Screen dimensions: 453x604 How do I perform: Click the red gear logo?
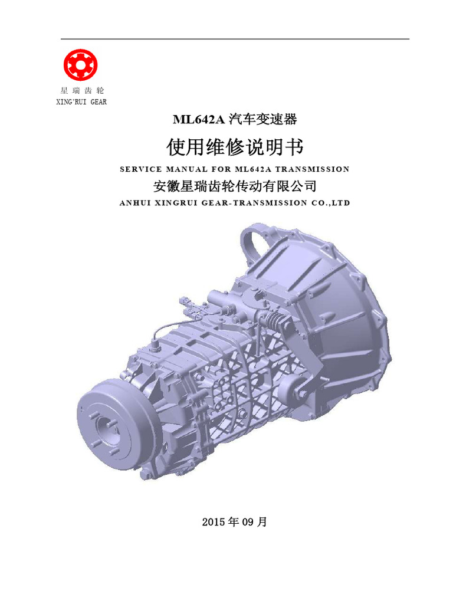click(x=80, y=65)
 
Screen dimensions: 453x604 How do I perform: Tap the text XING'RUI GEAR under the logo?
click(x=81, y=102)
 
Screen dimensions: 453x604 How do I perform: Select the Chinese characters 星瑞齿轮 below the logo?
click(x=82, y=91)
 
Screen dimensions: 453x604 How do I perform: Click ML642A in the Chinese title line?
click(x=199, y=119)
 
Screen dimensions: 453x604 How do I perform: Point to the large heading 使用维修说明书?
click(x=235, y=147)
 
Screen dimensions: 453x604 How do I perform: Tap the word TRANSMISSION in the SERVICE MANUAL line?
click(x=313, y=169)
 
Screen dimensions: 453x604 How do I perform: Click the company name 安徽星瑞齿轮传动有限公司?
click(x=235, y=186)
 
